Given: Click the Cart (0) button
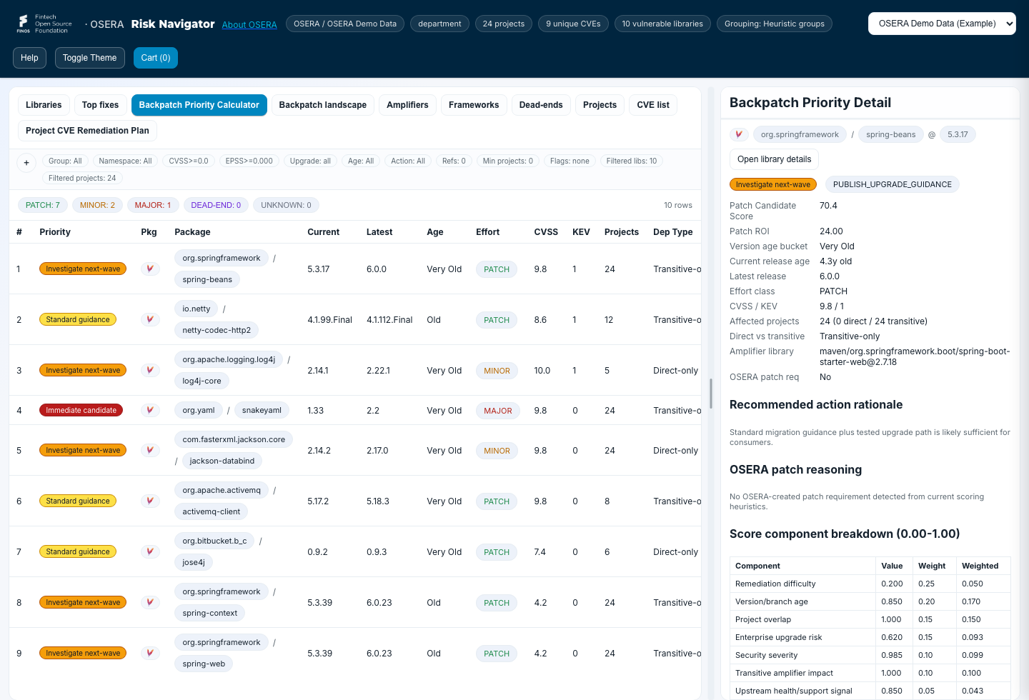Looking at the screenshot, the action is (155, 58).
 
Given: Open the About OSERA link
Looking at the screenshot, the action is (249, 25).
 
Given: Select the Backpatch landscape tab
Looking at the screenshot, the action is (322, 105).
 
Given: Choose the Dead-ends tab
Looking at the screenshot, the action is (541, 105).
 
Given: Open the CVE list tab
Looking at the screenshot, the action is (653, 105).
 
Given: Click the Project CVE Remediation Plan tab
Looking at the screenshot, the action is (87, 131).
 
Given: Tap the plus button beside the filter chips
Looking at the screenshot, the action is (26, 163).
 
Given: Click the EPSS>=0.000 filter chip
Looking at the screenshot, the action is (249, 161).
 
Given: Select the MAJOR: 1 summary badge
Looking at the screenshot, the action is (152, 205).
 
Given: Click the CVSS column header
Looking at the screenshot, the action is (546, 232).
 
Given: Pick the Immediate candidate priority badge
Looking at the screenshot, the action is (81, 410).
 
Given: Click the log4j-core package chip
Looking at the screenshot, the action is (202, 381).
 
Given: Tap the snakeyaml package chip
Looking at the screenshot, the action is (262, 410).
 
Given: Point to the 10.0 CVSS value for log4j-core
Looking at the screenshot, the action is (542, 370).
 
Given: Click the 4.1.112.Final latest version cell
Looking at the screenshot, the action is (389, 320).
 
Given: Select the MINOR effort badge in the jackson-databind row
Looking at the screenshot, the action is (497, 451).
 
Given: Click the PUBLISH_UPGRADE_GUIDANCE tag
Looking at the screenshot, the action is (892, 184).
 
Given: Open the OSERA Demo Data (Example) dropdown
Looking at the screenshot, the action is (942, 24).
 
